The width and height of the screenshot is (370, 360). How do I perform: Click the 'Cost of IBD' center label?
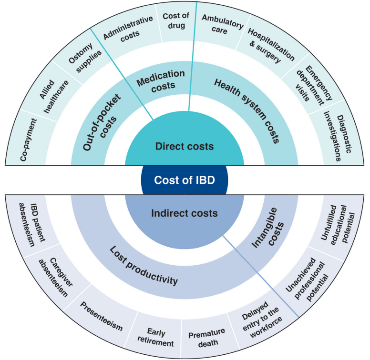click(x=185, y=180)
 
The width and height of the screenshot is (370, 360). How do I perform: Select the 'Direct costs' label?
click(x=185, y=146)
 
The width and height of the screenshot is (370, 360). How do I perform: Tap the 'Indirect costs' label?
click(x=185, y=213)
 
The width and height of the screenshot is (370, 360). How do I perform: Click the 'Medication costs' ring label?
click(x=161, y=80)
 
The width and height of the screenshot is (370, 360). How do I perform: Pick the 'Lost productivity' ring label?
click(x=144, y=266)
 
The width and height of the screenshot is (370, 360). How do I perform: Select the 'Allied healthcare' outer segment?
click(x=53, y=95)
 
